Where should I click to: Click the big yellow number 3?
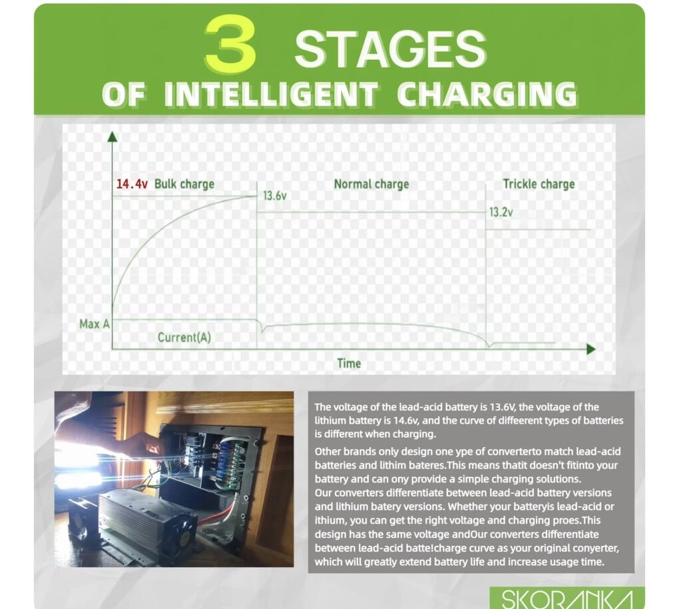tap(230, 43)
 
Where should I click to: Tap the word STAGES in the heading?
tap(391, 49)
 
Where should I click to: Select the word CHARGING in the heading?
tap(487, 94)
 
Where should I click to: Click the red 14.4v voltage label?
tap(132, 184)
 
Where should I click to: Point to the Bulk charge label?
tap(184, 184)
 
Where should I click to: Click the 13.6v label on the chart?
tap(275, 196)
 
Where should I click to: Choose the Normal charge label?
tap(371, 184)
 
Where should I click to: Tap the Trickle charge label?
tap(539, 184)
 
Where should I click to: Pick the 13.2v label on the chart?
tap(501, 212)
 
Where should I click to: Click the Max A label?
tap(95, 324)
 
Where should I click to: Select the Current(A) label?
tap(184, 337)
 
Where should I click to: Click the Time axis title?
tap(349, 363)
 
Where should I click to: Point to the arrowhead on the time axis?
tap(591, 349)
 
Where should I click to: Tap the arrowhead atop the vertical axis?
tap(112, 137)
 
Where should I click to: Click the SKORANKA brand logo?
tap(567, 598)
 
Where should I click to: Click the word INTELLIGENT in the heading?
tap(271, 95)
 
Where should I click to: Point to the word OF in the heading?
tap(124, 95)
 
